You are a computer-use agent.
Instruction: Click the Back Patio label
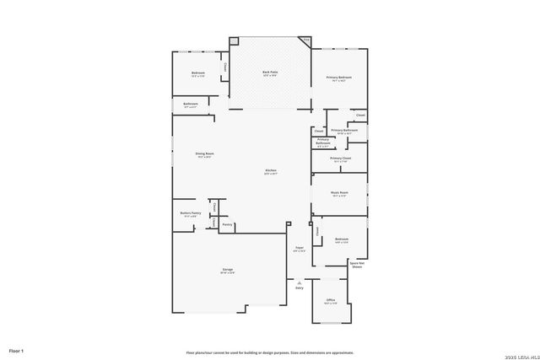[x=270, y=73]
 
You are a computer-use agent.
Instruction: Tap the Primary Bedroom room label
[x=339, y=78]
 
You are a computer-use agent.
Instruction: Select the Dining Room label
[x=204, y=154]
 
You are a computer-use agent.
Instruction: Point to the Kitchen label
[x=271, y=171]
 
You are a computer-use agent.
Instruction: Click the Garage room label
[x=228, y=270]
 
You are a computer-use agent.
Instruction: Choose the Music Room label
[x=339, y=193]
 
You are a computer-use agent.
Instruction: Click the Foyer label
[x=299, y=248]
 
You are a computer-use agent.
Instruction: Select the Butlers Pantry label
[x=190, y=213]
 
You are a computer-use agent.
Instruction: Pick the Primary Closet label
[x=341, y=159]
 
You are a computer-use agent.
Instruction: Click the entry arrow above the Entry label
[x=299, y=282]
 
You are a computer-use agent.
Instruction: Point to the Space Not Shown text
[x=357, y=265]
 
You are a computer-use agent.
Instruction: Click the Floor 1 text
[x=17, y=350]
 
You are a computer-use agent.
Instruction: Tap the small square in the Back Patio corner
[x=235, y=40]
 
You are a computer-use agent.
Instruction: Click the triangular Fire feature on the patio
[x=305, y=40]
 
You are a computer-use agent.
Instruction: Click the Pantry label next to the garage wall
[x=227, y=224]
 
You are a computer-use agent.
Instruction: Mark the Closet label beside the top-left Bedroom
[x=224, y=67]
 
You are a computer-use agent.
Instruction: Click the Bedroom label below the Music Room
[x=341, y=239]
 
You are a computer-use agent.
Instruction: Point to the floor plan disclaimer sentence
[x=270, y=352]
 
